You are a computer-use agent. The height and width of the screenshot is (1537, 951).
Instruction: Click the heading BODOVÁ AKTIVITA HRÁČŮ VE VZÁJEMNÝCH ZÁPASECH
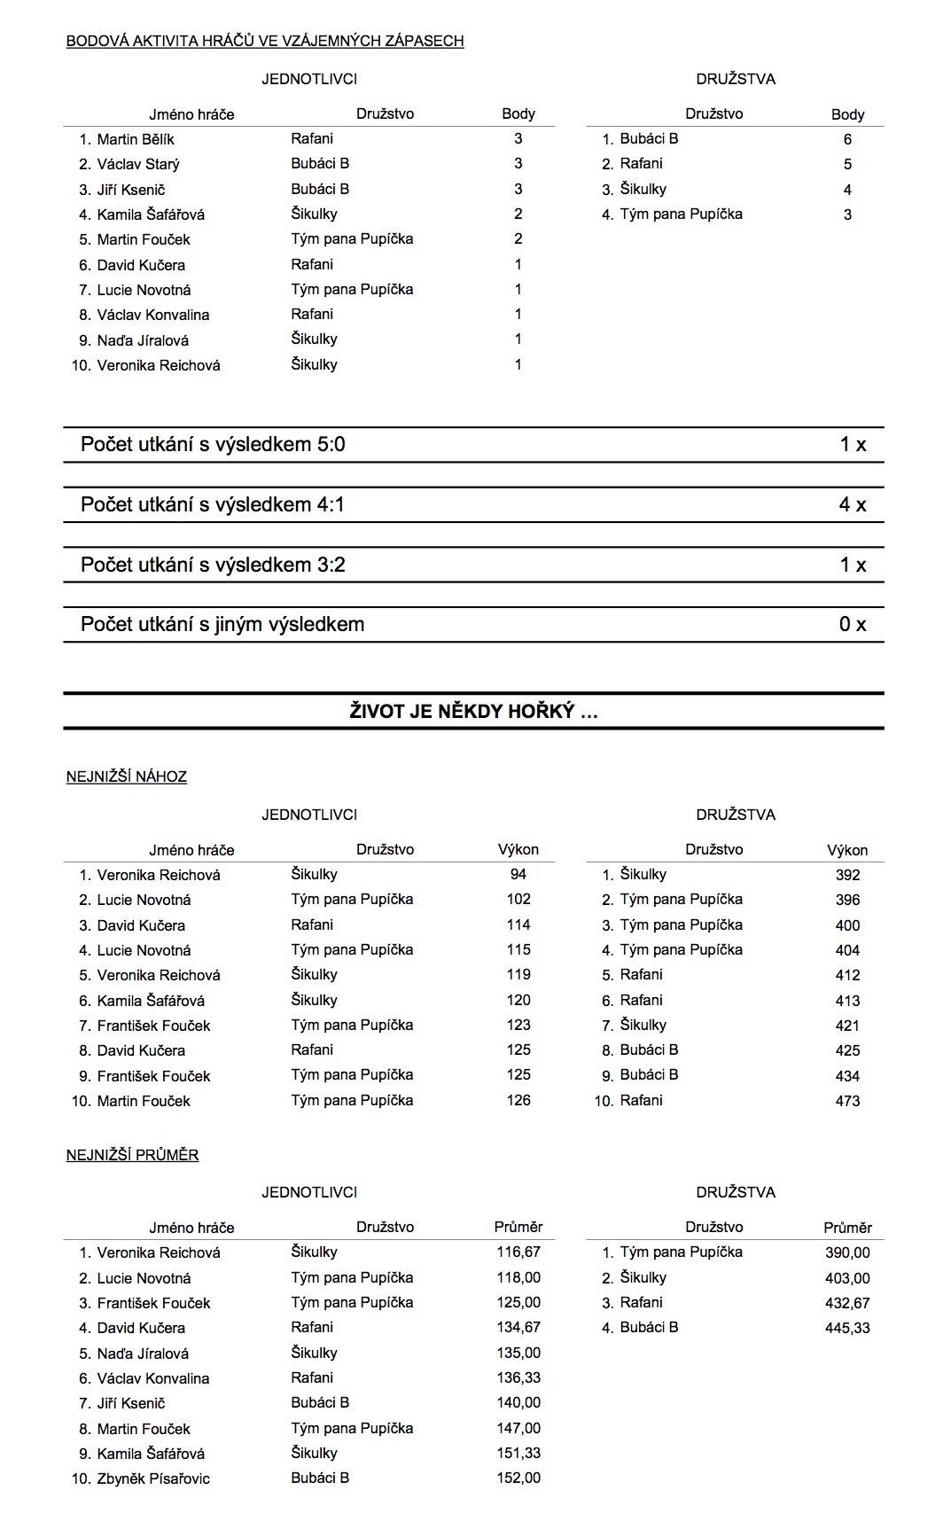pyautogui.click(x=265, y=41)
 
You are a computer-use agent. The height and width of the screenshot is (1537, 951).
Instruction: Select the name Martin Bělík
pyautogui.click(x=136, y=139)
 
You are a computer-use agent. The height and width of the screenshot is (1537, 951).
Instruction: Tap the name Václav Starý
pyautogui.click(x=138, y=164)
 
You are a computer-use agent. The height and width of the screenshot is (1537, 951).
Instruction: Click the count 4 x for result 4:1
pyautogui.click(x=852, y=505)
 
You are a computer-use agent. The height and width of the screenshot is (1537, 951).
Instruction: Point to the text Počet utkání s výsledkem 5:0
pyautogui.click(x=213, y=445)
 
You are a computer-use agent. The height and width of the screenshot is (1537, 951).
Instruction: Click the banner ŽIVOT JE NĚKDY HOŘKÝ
pyautogui.click(x=473, y=711)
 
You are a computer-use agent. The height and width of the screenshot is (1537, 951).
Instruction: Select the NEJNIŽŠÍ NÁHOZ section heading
pyautogui.click(x=127, y=777)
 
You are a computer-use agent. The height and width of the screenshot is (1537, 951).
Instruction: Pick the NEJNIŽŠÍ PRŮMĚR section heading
pyautogui.click(x=132, y=1155)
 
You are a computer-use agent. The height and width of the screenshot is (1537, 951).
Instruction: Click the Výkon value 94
pyautogui.click(x=518, y=875)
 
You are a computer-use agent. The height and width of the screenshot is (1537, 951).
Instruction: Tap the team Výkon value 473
pyautogui.click(x=847, y=1101)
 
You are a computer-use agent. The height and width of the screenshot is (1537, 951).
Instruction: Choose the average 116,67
pyautogui.click(x=518, y=1252)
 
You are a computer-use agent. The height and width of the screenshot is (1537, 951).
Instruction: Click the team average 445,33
pyautogui.click(x=847, y=1328)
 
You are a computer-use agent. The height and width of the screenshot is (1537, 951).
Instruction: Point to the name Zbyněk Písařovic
pyautogui.click(x=153, y=1478)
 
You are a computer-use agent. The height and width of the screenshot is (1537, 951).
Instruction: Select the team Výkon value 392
pyautogui.click(x=847, y=875)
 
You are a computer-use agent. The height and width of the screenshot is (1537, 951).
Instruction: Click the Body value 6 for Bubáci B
pyautogui.click(x=847, y=139)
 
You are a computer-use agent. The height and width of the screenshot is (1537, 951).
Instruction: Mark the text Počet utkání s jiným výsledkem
pyautogui.click(x=222, y=625)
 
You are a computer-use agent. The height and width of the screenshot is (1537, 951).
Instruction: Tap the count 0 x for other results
pyautogui.click(x=852, y=625)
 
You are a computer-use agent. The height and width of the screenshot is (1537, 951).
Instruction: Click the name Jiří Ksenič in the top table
pyautogui.click(x=131, y=190)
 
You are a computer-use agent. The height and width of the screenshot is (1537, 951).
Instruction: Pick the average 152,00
pyautogui.click(x=518, y=1478)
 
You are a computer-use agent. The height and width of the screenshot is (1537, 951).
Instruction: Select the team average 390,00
pyautogui.click(x=847, y=1252)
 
